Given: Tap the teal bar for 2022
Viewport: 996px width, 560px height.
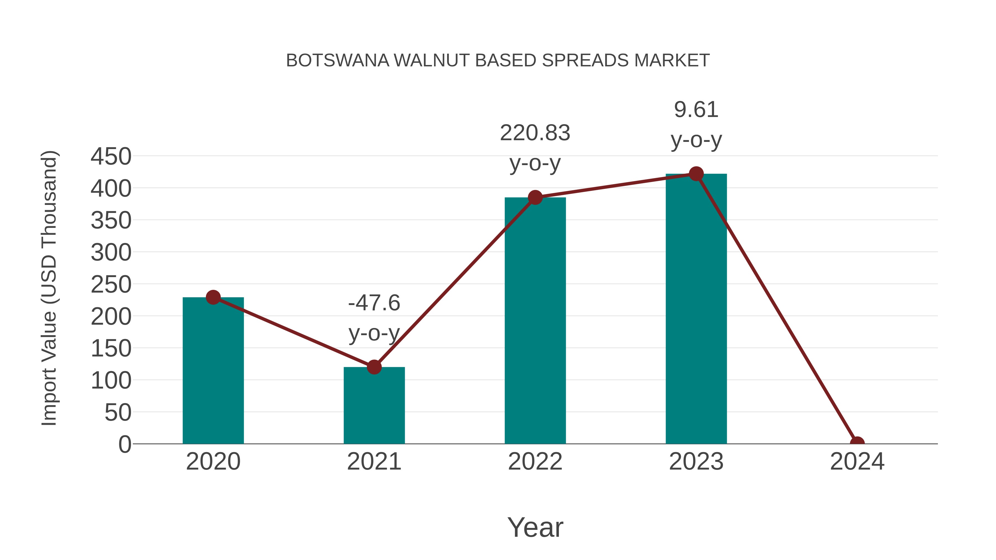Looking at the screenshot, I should tap(535, 321).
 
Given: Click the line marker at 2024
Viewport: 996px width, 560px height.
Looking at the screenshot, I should tap(857, 443).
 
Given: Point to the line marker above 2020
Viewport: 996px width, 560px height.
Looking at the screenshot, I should tap(213, 297).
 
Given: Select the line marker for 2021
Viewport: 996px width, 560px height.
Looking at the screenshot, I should tap(374, 367).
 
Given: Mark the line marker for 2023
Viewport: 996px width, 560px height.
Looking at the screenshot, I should tap(696, 174).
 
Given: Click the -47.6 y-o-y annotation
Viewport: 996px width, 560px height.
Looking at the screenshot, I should tap(374, 318).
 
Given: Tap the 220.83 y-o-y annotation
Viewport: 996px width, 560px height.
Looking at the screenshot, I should tap(535, 148).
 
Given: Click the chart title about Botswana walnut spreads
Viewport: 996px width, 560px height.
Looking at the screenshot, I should tap(498, 60).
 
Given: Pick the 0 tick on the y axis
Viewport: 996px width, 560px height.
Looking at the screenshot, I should tap(125, 444).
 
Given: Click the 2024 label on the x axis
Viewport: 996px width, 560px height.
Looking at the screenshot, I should tap(857, 462).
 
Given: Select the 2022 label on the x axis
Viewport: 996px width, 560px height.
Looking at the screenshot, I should tap(535, 462).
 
